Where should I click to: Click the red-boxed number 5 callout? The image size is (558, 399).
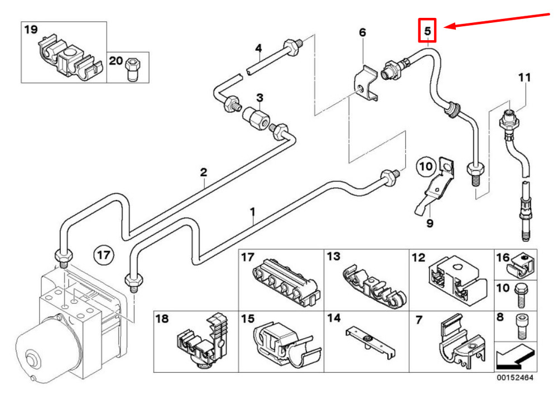427,31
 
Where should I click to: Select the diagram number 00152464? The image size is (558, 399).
515,378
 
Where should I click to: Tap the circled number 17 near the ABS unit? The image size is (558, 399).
104,255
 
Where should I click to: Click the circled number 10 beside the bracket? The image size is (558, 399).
426,166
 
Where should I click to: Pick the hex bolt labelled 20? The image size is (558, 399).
133,69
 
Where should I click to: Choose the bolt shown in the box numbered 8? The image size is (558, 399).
521,326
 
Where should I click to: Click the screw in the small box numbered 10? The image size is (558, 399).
521,295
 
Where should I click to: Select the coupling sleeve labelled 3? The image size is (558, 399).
256,117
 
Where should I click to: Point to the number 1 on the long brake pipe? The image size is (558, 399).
252,212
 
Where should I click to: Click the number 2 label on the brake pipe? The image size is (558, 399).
203,172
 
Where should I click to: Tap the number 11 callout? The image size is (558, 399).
524,77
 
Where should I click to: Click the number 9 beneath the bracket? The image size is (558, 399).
430,223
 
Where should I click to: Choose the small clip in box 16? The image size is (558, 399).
520,265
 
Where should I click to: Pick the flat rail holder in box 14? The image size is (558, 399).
370,342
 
